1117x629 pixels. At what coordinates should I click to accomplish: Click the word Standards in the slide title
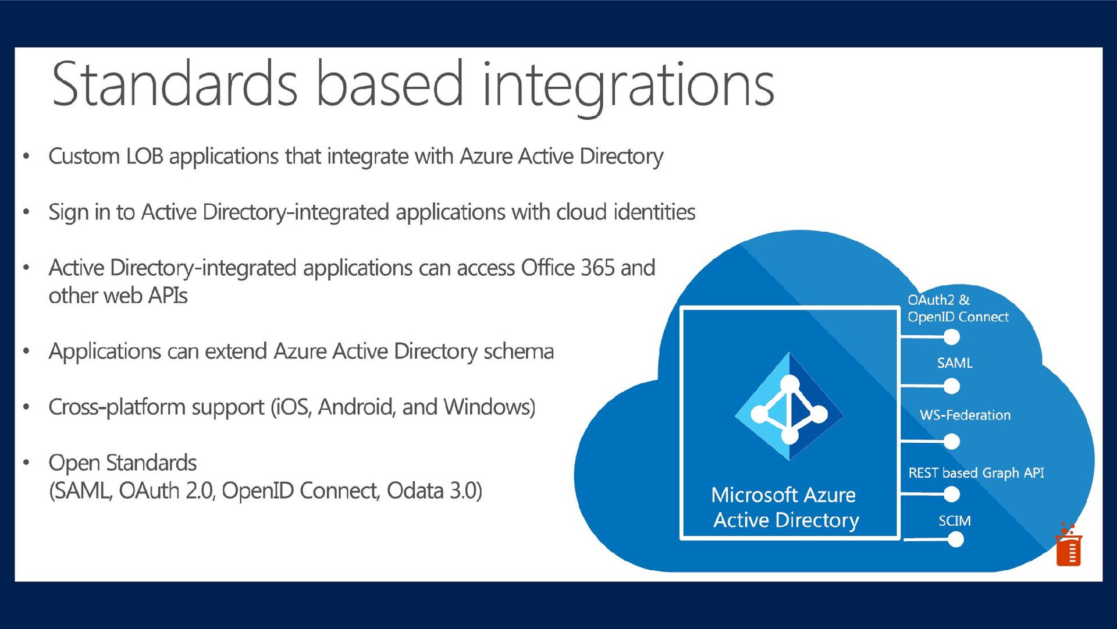click(x=175, y=84)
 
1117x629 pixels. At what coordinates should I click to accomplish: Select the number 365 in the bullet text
click(x=597, y=268)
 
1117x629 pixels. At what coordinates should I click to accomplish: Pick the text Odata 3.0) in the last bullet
click(x=434, y=491)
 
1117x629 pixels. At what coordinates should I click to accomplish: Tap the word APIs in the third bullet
click(x=168, y=296)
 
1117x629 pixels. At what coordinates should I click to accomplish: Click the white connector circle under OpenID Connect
click(x=952, y=337)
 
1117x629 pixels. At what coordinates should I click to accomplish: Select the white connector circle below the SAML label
click(x=952, y=386)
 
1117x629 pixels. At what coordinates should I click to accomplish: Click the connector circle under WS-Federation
click(x=952, y=442)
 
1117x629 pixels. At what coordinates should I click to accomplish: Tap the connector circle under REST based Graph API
click(x=952, y=494)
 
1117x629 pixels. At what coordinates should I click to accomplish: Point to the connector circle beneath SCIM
click(x=955, y=539)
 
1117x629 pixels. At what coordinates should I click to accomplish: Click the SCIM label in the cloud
click(x=954, y=521)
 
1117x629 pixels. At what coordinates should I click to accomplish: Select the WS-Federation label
click(x=965, y=415)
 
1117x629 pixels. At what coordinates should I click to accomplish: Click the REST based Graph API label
click(x=976, y=472)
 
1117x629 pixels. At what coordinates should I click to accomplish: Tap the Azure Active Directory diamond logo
click(x=789, y=407)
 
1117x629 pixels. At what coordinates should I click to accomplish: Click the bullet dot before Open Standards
click(x=26, y=463)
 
